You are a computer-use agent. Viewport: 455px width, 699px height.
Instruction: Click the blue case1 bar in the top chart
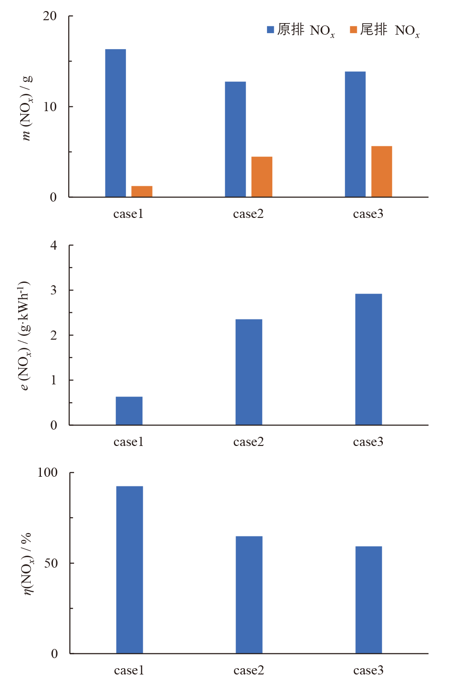115,123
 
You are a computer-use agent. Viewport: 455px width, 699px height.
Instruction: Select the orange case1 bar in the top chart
142,191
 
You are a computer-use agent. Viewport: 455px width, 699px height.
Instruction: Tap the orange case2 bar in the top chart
262,177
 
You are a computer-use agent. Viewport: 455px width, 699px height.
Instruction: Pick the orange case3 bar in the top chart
381,171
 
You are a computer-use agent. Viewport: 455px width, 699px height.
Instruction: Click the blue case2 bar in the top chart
235,140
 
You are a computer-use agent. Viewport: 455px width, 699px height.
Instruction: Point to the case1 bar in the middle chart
129,411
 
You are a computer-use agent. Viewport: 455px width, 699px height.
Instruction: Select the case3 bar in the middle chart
368,359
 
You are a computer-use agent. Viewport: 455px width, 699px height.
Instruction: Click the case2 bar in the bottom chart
249,595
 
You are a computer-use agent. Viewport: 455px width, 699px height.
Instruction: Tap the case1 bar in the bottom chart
129,570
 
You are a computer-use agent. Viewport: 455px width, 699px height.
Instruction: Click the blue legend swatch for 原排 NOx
270,30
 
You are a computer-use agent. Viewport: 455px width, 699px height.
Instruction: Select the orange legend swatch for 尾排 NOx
354,30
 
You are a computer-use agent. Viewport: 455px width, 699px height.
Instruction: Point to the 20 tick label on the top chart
50,16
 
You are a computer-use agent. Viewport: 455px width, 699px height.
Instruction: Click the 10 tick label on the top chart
50,107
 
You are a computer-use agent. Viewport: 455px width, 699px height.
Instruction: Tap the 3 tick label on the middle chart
53,290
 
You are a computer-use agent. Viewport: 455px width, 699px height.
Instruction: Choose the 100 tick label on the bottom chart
47,472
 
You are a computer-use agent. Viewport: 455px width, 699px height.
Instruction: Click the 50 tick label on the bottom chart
50,563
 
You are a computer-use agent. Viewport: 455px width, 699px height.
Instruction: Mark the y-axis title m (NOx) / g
27,108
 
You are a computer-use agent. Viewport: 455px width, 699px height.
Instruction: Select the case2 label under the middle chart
249,442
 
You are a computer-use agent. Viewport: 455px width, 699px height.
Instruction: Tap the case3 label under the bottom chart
368,671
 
